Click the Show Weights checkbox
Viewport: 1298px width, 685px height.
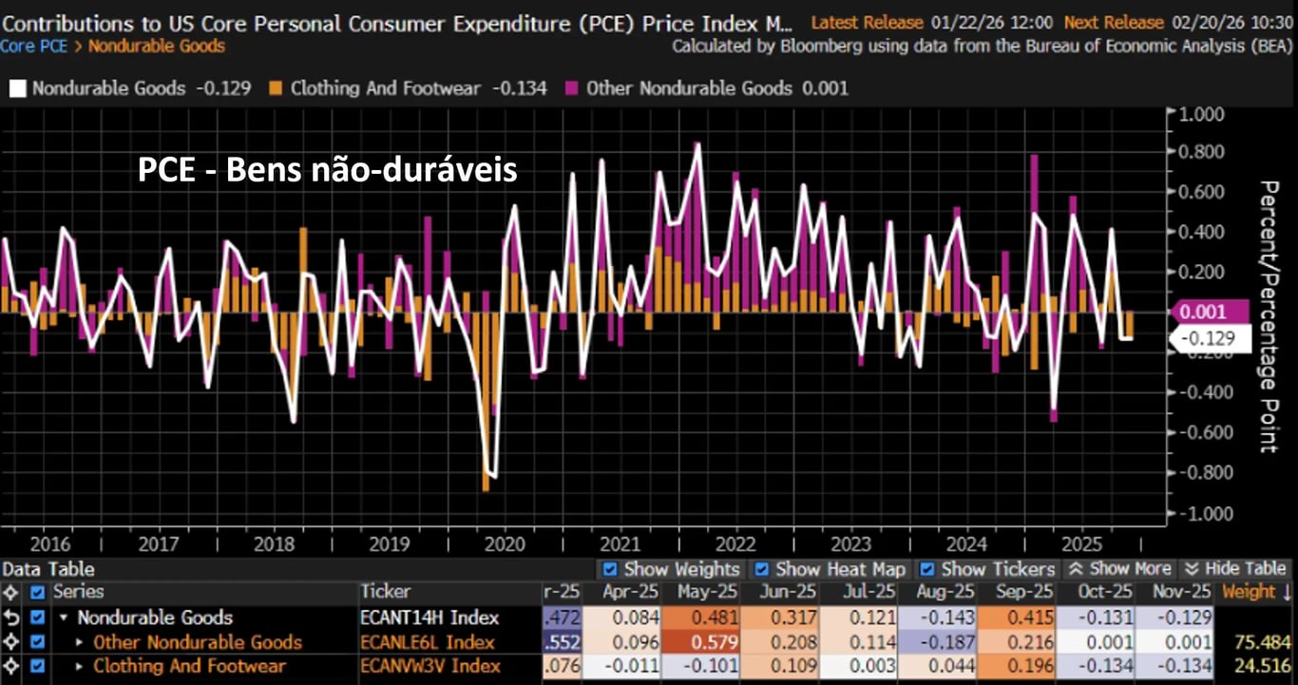pyautogui.click(x=610, y=569)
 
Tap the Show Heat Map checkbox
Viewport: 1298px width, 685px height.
pyautogui.click(x=762, y=569)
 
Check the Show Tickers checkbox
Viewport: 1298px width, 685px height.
pyautogui.click(x=926, y=569)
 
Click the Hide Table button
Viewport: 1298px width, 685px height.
pyautogui.click(x=1236, y=569)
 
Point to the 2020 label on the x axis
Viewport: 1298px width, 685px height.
pyautogui.click(x=504, y=544)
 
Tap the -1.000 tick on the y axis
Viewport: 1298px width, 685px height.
pyautogui.click(x=1202, y=513)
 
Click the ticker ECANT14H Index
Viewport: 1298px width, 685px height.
pyautogui.click(x=429, y=618)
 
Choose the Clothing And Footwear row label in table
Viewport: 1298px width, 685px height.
pyautogui.click(x=189, y=666)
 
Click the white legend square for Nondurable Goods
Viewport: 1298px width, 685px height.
pyautogui.click(x=17, y=88)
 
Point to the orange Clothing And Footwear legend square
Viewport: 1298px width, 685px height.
pyautogui.click(x=276, y=88)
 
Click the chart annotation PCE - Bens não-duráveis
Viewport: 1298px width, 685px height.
pyautogui.click(x=327, y=169)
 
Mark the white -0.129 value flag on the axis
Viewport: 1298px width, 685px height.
pyautogui.click(x=1202, y=338)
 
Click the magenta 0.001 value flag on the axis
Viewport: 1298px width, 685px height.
pyautogui.click(x=1202, y=311)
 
